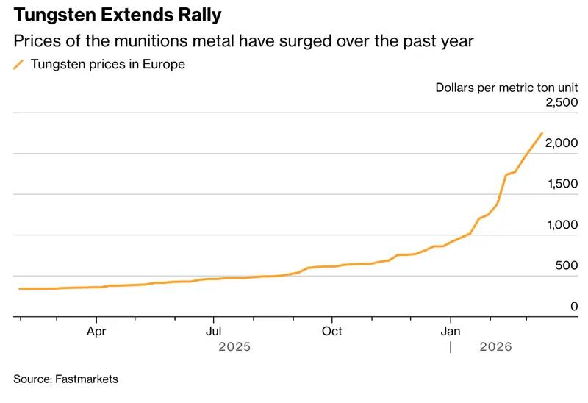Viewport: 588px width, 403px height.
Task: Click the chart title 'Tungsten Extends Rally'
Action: tap(117, 15)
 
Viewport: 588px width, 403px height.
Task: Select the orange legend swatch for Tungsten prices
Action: tap(18, 65)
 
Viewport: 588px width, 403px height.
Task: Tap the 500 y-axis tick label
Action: tap(566, 266)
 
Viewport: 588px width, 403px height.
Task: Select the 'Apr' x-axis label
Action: tap(96, 331)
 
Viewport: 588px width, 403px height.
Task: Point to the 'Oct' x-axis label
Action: tap(332, 331)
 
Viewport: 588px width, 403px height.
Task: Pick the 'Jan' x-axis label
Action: tap(450, 331)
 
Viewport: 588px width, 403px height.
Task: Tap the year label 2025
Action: tap(234, 346)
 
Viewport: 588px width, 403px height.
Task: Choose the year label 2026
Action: tap(495, 346)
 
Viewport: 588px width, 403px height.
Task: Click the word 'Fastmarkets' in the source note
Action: tap(86, 379)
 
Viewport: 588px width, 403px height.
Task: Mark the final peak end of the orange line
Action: tap(542, 133)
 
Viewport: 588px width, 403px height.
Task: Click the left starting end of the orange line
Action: tap(20, 289)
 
